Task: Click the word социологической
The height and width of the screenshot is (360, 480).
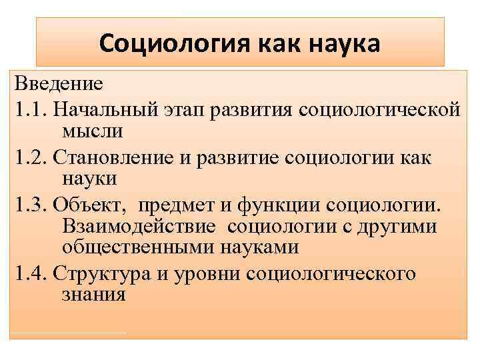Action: (383, 108)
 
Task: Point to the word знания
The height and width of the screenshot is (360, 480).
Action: (93, 295)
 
